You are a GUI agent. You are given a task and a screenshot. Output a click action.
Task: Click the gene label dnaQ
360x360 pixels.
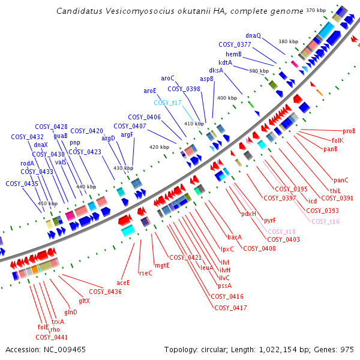pos(253,35)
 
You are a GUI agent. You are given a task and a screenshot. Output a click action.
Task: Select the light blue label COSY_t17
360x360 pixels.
pos(168,103)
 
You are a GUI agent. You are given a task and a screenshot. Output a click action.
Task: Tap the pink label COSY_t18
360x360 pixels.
pos(281,232)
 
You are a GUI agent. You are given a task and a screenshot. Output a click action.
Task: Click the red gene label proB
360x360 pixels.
pos(349,131)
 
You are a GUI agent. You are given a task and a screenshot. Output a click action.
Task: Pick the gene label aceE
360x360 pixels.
pos(123,282)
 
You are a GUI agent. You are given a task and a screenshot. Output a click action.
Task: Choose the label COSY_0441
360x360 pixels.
pos(52,337)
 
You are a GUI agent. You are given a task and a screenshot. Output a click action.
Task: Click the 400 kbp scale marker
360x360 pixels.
pos(227,98)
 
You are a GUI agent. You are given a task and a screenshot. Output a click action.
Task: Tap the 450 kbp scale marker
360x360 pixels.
pos(48,204)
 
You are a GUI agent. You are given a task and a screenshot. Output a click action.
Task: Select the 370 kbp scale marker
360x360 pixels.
pos(315,10)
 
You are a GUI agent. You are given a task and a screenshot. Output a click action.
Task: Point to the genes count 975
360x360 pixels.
pos(346,349)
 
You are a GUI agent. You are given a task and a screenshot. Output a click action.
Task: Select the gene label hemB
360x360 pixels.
pos(233,54)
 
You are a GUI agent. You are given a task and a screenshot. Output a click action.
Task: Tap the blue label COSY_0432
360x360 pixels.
pos(28,137)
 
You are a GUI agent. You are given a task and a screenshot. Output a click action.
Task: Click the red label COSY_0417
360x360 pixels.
pos(230,308)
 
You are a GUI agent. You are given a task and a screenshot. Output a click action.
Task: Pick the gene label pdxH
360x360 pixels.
pos(248,214)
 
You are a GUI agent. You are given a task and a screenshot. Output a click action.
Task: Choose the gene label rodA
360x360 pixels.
pos(28,163)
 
